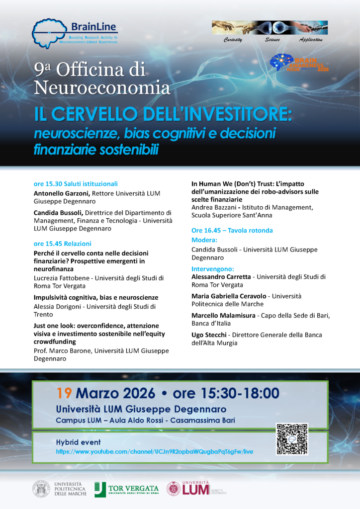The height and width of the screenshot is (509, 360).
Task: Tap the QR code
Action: [x=292, y=439]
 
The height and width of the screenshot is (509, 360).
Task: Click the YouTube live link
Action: [x=155, y=451]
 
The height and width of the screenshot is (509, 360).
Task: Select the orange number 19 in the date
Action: [x=65, y=393]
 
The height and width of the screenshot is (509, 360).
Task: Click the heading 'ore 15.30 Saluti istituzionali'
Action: [x=76, y=184]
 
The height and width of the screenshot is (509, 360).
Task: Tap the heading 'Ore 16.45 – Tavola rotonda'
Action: [x=232, y=230]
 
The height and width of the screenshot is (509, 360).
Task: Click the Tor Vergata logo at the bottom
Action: [x=127, y=489]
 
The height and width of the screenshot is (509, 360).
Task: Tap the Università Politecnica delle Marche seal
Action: [x=41, y=489]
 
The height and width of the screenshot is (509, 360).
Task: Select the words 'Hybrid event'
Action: [x=78, y=442]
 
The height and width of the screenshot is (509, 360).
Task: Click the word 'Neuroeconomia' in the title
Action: [x=102, y=88]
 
